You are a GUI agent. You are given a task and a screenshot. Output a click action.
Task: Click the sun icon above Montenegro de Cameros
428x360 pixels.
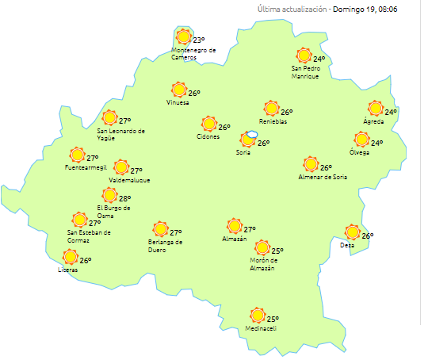(x=184, y=36)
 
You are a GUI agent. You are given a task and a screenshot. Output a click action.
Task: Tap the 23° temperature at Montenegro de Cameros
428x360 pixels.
(x=199, y=40)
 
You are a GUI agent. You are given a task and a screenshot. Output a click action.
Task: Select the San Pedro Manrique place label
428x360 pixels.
(x=305, y=73)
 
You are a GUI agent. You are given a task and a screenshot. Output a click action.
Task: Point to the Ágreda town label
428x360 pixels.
(x=373, y=122)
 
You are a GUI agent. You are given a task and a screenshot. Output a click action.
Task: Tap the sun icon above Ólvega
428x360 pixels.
(x=361, y=140)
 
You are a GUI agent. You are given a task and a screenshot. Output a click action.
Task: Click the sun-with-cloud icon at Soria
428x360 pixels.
(x=249, y=139)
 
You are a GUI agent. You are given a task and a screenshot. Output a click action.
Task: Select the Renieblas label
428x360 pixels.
(x=273, y=122)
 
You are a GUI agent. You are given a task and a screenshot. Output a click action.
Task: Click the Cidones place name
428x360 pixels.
(x=208, y=137)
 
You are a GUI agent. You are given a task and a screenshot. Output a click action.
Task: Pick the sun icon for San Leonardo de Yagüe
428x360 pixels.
(x=109, y=117)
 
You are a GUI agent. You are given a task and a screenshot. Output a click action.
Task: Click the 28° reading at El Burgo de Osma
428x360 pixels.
(x=124, y=198)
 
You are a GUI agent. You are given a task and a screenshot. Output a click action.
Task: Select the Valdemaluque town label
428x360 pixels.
(x=129, y=180)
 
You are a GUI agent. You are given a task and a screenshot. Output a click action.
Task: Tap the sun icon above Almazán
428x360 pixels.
(x=234, y=226)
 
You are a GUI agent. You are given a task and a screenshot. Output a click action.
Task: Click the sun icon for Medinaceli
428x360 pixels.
(x=257, y=316)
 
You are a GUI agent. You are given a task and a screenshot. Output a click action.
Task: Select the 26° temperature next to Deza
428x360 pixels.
(x=368, y=236)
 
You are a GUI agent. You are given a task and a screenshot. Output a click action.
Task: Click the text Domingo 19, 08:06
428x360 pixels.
(x=365, y=10)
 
